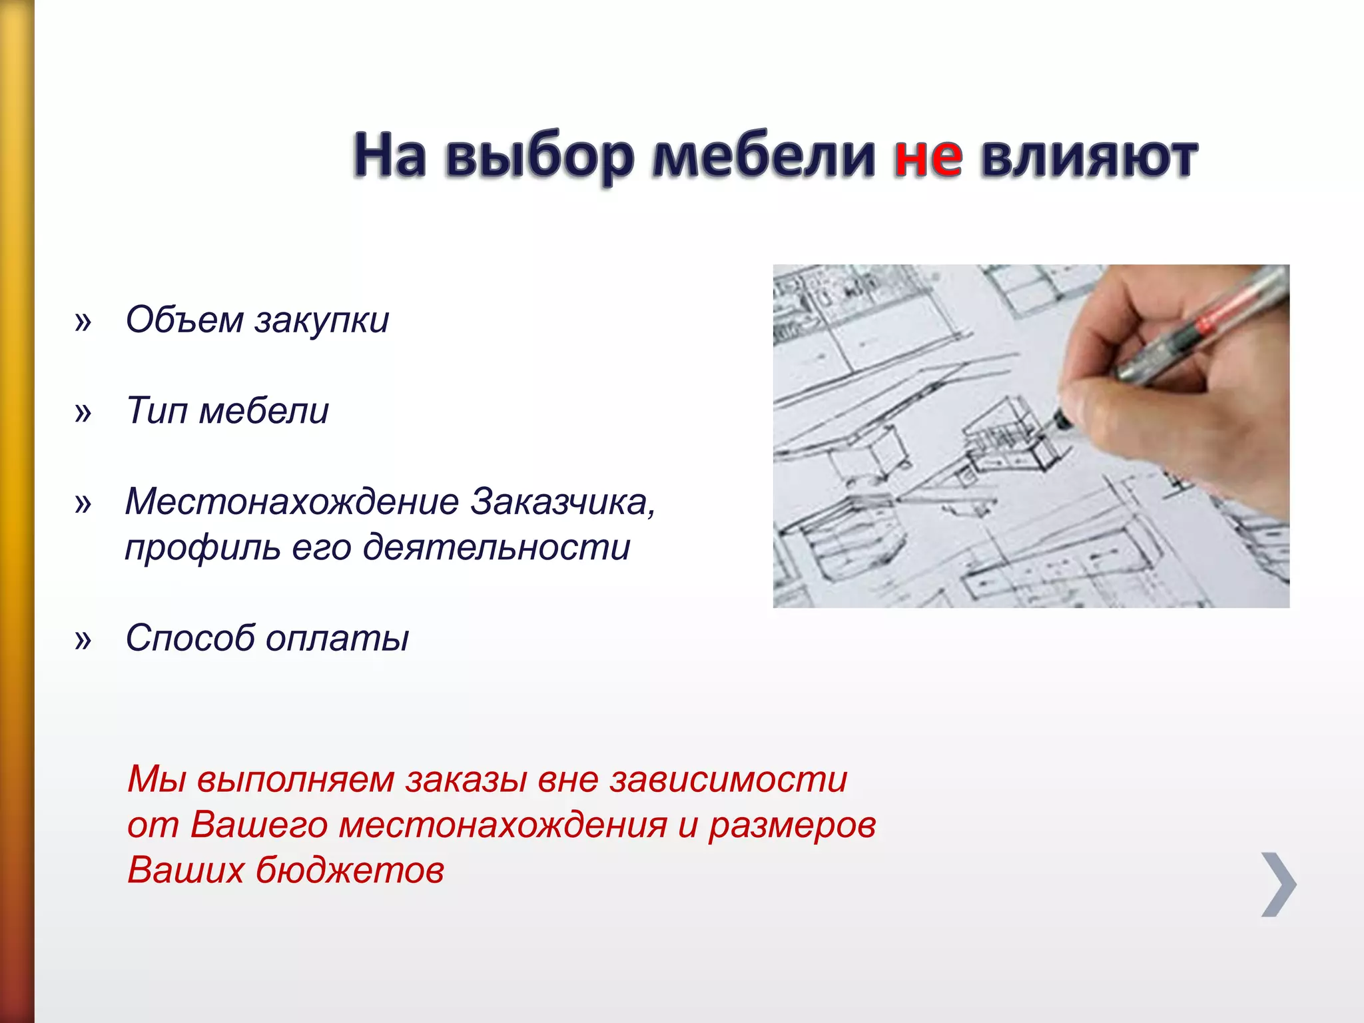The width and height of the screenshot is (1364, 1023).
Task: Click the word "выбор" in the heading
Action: (539, 159)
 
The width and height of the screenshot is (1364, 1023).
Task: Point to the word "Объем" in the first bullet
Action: (184, 320)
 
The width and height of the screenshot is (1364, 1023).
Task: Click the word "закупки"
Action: (322, 321)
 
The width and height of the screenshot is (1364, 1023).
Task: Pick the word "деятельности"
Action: (496, 547)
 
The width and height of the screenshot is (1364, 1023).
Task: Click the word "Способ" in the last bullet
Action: (190, 637)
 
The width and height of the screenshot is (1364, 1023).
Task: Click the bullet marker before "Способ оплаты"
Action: (83, 640)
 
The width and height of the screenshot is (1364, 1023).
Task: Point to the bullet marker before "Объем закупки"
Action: (83, 322)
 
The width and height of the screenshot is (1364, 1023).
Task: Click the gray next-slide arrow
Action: (1279, 884)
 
